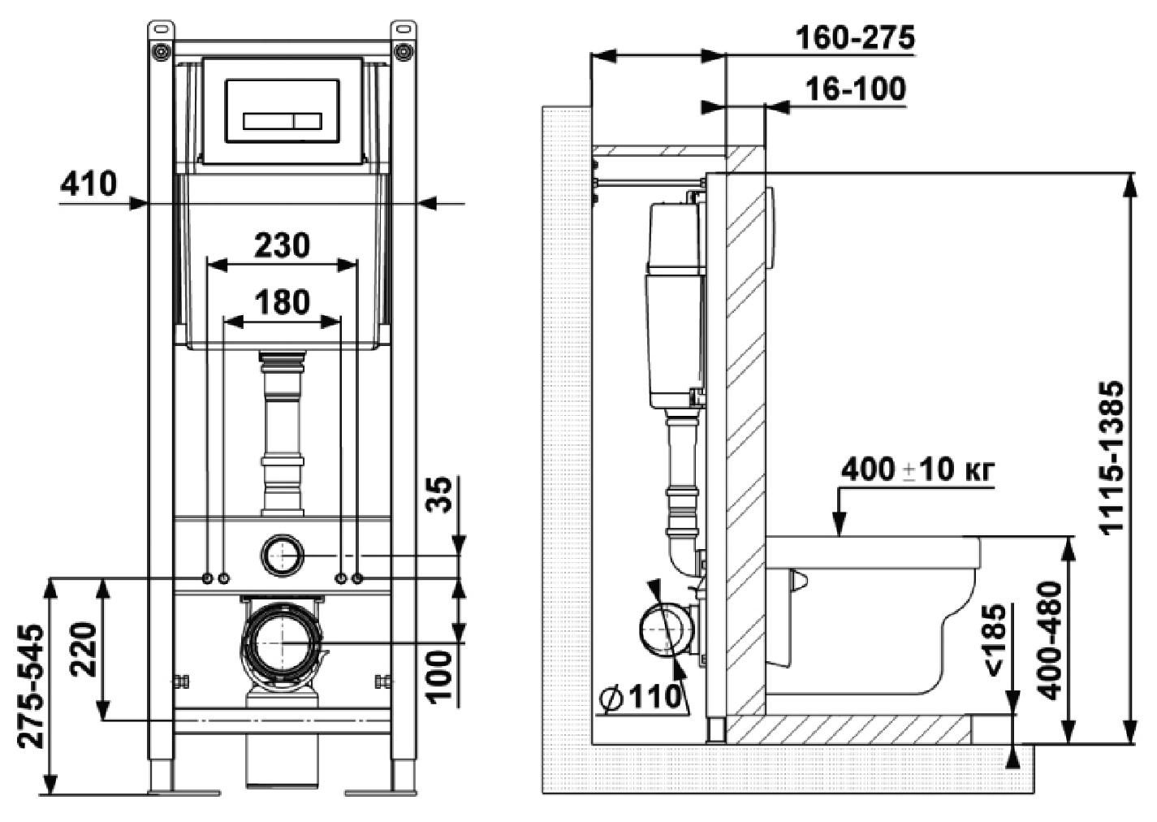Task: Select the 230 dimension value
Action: pyautogui.click(x=282, y=244)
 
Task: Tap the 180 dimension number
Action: pyautogui.click(x=282, y=302)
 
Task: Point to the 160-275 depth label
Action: pyautogui.click(x=854, y=37)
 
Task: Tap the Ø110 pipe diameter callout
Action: pyautogui.click(x=641, y=697)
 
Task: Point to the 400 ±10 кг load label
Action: pyautogui.click(x=917, y=470)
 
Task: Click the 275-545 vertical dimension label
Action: pyautogui.click(x=31, y=686)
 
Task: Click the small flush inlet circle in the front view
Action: pyautogui.click(x=282, y=556)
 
